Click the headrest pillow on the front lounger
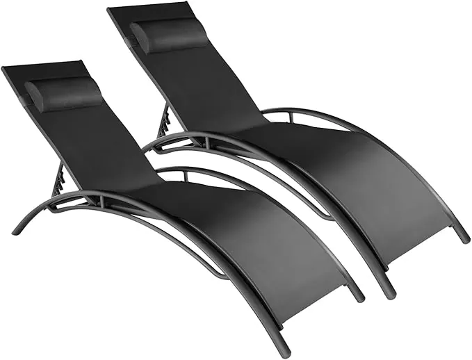coord(64,94)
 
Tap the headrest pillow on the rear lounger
coord(169,36)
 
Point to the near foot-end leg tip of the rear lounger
coord(386,293)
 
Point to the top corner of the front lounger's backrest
coord(6,69)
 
